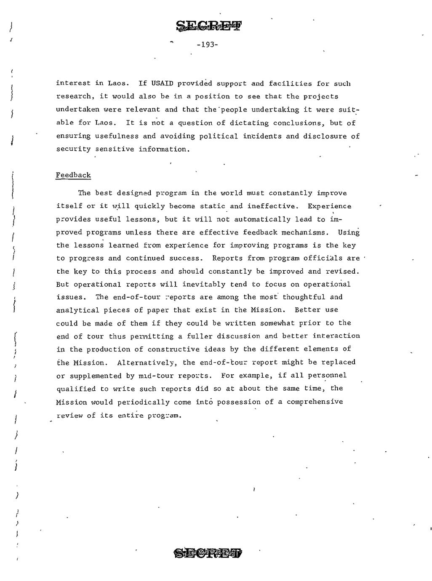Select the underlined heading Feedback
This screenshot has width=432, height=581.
(x=73, y=175)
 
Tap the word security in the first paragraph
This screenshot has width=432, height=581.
(x=74, y=149)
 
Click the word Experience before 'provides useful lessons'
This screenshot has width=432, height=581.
(x=329, y=206)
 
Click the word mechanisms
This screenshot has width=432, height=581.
(x=310, y=232)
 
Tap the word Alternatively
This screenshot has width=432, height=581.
(x=143, y=362)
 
